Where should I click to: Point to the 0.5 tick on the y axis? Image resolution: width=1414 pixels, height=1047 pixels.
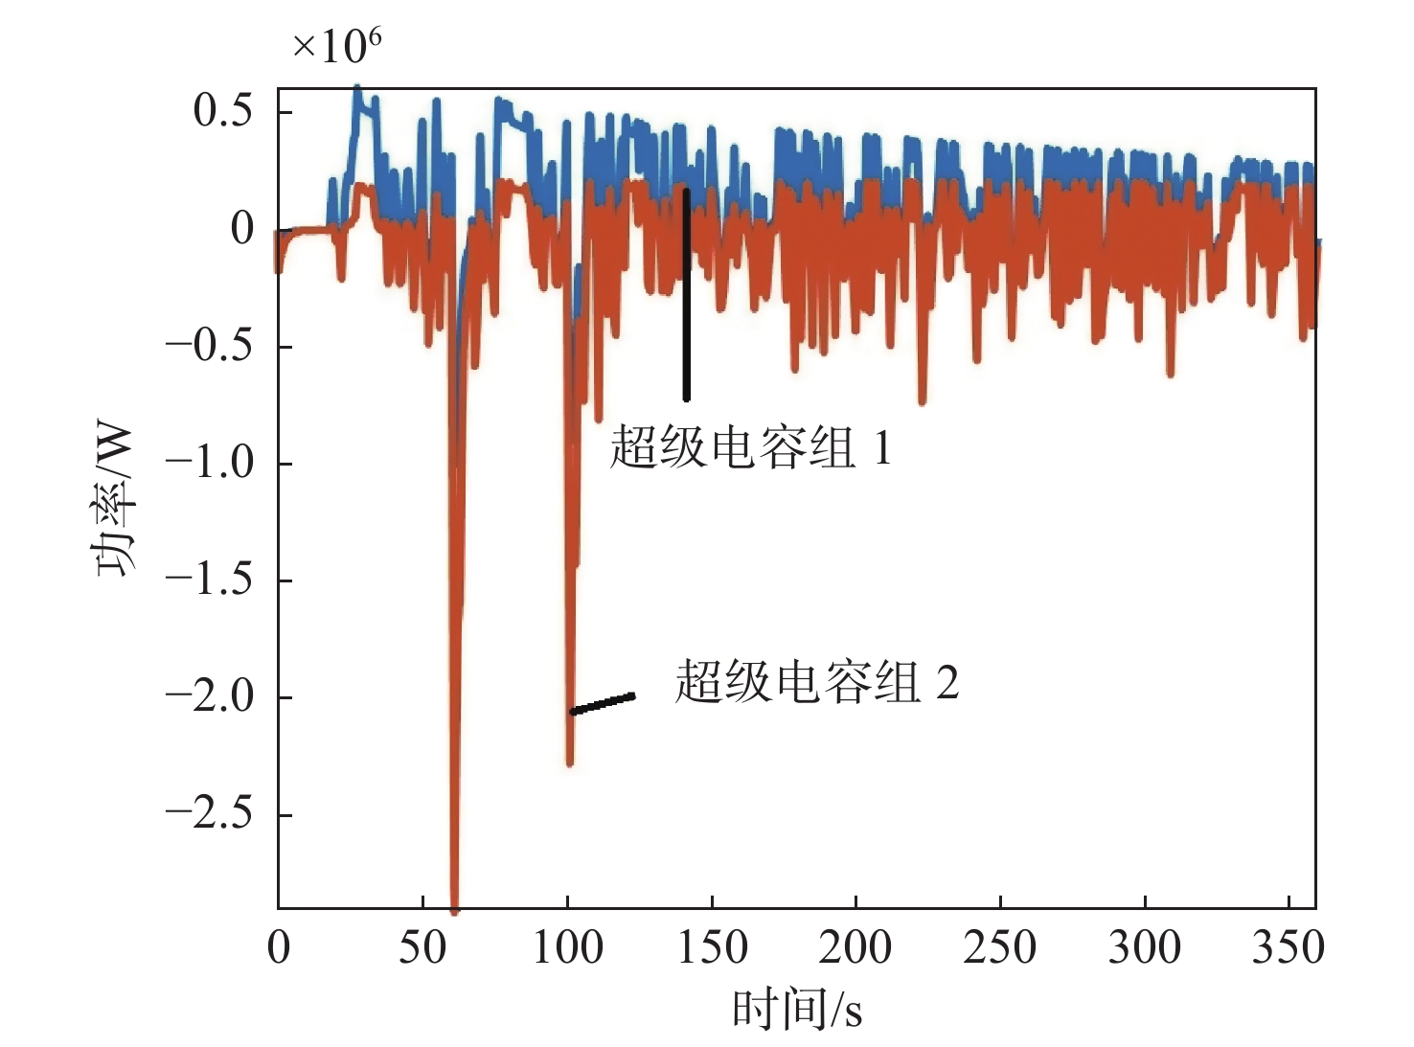tap(222, 111)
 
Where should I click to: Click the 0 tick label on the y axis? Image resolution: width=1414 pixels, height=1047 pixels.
tap(241, 228)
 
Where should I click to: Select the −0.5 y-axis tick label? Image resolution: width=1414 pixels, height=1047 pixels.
tap(209, 345)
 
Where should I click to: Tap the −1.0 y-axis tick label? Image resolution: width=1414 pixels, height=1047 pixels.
tap(209, 463)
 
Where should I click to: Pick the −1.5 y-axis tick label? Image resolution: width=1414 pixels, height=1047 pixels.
tap(209, 580)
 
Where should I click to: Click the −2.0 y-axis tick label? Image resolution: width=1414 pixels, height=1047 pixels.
tap(209, 696)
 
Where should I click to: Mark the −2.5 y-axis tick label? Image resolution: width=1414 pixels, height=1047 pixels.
tap(209, 813)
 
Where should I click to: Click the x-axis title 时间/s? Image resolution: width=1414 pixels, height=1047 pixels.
tap(797, 1010)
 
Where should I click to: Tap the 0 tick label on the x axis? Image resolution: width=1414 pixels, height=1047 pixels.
tap(279, 947)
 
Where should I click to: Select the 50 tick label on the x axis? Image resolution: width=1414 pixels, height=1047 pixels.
tap(422, 947)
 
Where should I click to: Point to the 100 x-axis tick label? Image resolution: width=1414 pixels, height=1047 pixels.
tap(567, 947)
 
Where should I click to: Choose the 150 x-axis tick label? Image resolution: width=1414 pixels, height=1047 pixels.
tap(712, 947)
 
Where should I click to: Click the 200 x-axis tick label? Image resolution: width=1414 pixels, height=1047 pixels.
tap(855, 947)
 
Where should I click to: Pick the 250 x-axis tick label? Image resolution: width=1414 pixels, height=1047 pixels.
tap(1000, 947)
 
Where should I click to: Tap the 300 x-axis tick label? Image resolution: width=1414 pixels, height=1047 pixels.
tap(1145, 947)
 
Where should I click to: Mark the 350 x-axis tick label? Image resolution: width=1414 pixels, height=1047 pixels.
tap(1289, 947)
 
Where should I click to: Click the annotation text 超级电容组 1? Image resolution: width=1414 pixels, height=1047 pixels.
tap(751, 447)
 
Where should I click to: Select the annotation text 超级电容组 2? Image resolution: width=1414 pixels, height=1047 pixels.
tap(817, 683)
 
